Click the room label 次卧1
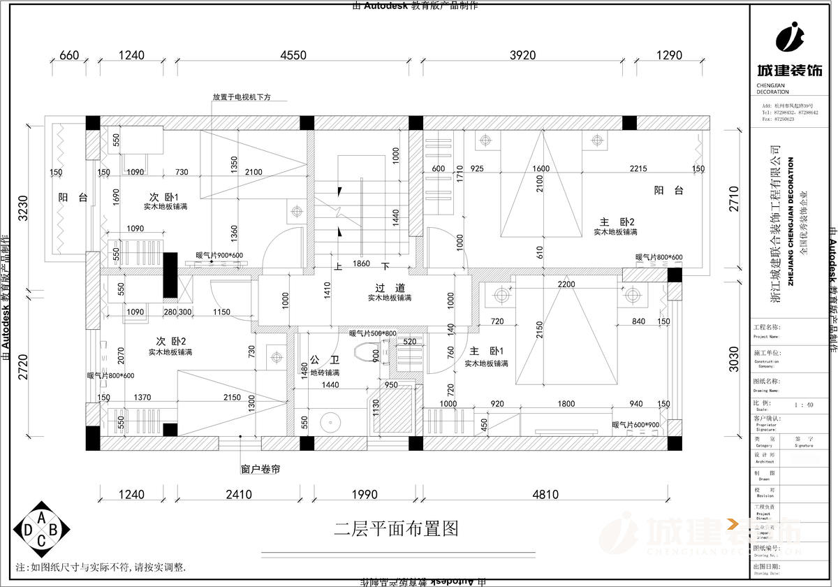(x=165, y=196)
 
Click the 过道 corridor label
(x=390, y=288)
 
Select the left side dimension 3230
(x=23, y=208)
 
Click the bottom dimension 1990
(x=364, y=495)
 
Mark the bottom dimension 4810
(x=545, y=495)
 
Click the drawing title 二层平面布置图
(x=396, y=528)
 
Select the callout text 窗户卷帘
(x=260, y=470)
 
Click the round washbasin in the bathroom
(x=329, y=422)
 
